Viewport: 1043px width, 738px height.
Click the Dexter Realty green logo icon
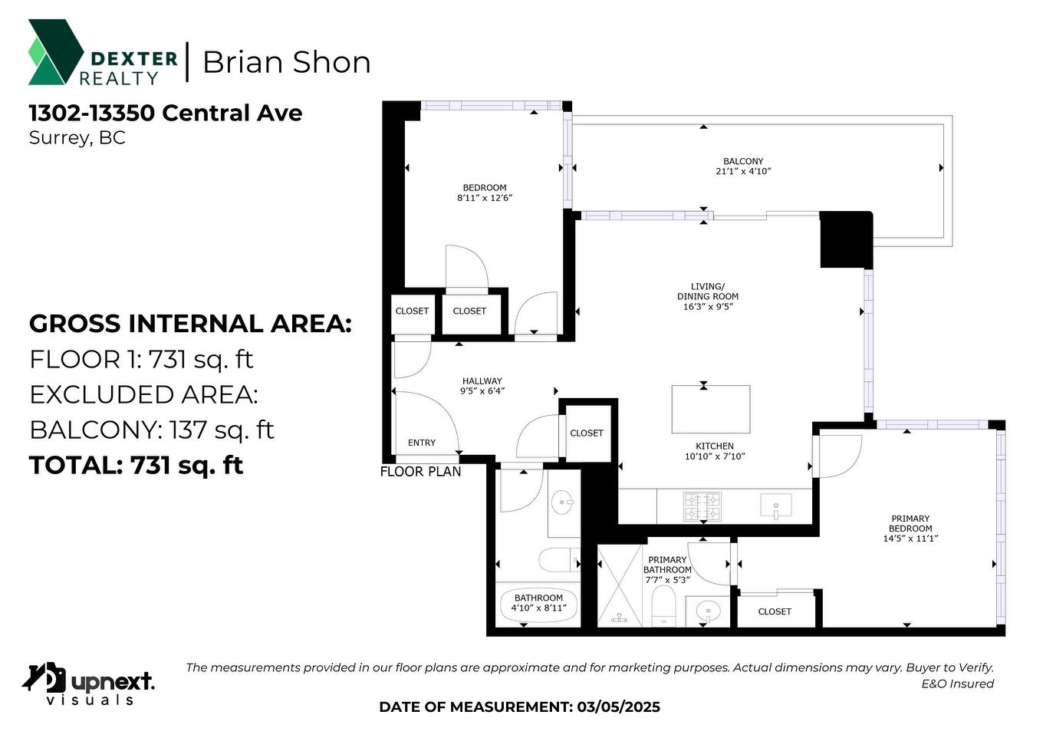[x=55, y=52]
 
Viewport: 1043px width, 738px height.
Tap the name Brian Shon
[x=286, y=62]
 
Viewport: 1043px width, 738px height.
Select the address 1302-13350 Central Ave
[x=166, y=113]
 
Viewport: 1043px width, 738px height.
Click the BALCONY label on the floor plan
[x=743, y=162]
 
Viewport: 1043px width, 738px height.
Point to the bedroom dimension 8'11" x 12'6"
[x=484, y=198]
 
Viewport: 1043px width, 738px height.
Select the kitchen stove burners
[x=702, y=507]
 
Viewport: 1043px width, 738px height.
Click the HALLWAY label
[x=482, y=381]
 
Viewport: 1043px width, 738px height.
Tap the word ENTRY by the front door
[x=422, y=443]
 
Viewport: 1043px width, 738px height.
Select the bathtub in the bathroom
[x=538, y=605]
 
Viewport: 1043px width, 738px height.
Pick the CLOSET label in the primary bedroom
[x=775, y=611]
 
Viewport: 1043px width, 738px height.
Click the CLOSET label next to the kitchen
[x=587, y=433]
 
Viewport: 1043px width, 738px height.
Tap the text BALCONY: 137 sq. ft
[x=152, y=430]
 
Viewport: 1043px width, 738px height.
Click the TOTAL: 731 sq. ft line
[x=137, y=466]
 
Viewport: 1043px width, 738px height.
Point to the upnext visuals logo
[x=88, y=683]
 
